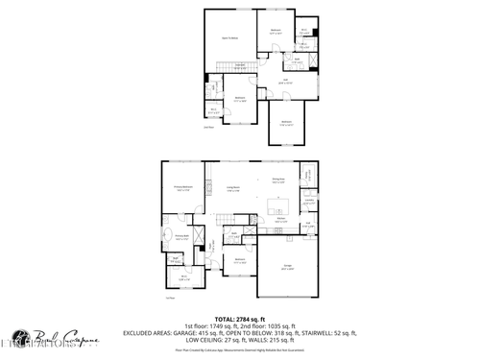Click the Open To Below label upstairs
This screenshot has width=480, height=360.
230,37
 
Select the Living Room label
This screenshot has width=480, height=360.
233,188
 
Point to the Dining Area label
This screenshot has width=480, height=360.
278,180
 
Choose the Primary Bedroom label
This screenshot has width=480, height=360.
183,188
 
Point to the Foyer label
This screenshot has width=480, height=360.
213,249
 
